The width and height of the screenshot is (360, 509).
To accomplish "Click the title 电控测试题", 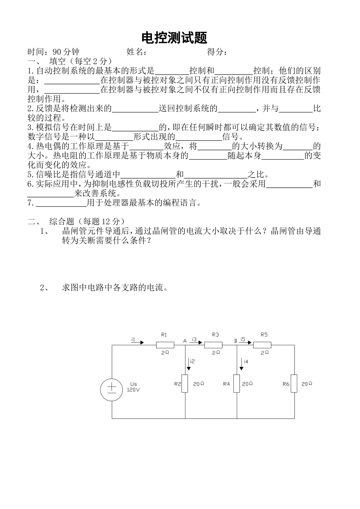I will pos(174,38).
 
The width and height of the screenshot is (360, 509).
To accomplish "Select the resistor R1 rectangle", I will pos(165,345).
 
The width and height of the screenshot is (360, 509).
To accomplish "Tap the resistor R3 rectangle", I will pos(213,345).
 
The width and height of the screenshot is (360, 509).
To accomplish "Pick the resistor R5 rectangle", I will pos(262,345).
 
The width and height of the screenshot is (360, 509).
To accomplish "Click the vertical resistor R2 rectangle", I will pos(185,384).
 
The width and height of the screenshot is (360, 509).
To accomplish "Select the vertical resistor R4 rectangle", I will pos(237,384).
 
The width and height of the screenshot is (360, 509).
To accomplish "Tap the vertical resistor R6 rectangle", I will pos(294,384).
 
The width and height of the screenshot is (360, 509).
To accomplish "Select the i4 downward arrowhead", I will pos(241,368).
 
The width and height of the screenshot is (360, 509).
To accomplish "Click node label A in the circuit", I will pos(185,341).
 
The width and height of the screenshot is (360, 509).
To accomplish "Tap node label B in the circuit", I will pos(235,341).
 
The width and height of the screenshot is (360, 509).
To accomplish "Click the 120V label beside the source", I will pos(132,389).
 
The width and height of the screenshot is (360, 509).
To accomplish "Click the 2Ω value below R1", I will pos(165,352).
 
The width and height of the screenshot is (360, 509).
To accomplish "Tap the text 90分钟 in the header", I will pos(66,52).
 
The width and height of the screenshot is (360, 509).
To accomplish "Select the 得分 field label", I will pos(217,52).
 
